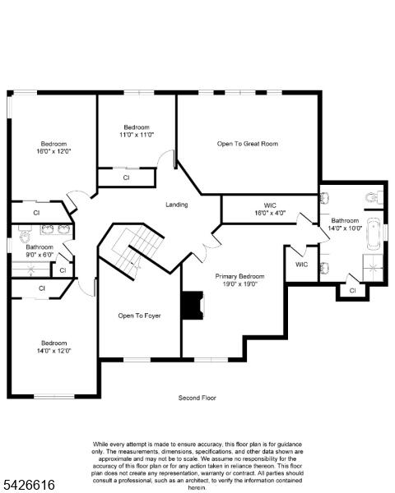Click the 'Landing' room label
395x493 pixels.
(x=176, y=205)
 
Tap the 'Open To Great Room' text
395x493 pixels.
(x=248, y=144)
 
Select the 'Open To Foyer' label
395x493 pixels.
(x=140, y=316)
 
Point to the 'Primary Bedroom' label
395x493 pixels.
(x=239, y=276)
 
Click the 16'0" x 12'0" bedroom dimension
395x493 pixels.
(x=53, y=151)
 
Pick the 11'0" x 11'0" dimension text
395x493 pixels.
(x=137, y=135)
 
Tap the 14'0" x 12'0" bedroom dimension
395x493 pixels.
(x=53, y=351)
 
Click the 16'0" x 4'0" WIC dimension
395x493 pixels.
(x=270, y=213)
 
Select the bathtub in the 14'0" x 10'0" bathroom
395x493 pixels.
(x=374, y=235)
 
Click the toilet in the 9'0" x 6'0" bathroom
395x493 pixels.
(x=24, y=235)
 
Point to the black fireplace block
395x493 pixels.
(x=193, y=306)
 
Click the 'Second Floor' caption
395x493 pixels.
(x=197, y=398)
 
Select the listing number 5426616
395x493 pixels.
(x=28, y=485)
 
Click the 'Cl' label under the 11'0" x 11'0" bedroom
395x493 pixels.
(x=126, y=177)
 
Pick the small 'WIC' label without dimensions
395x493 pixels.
(x=301, y=265)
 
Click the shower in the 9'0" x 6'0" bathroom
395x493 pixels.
(x=31, y=270)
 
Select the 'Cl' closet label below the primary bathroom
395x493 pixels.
(x=352, y=291)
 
